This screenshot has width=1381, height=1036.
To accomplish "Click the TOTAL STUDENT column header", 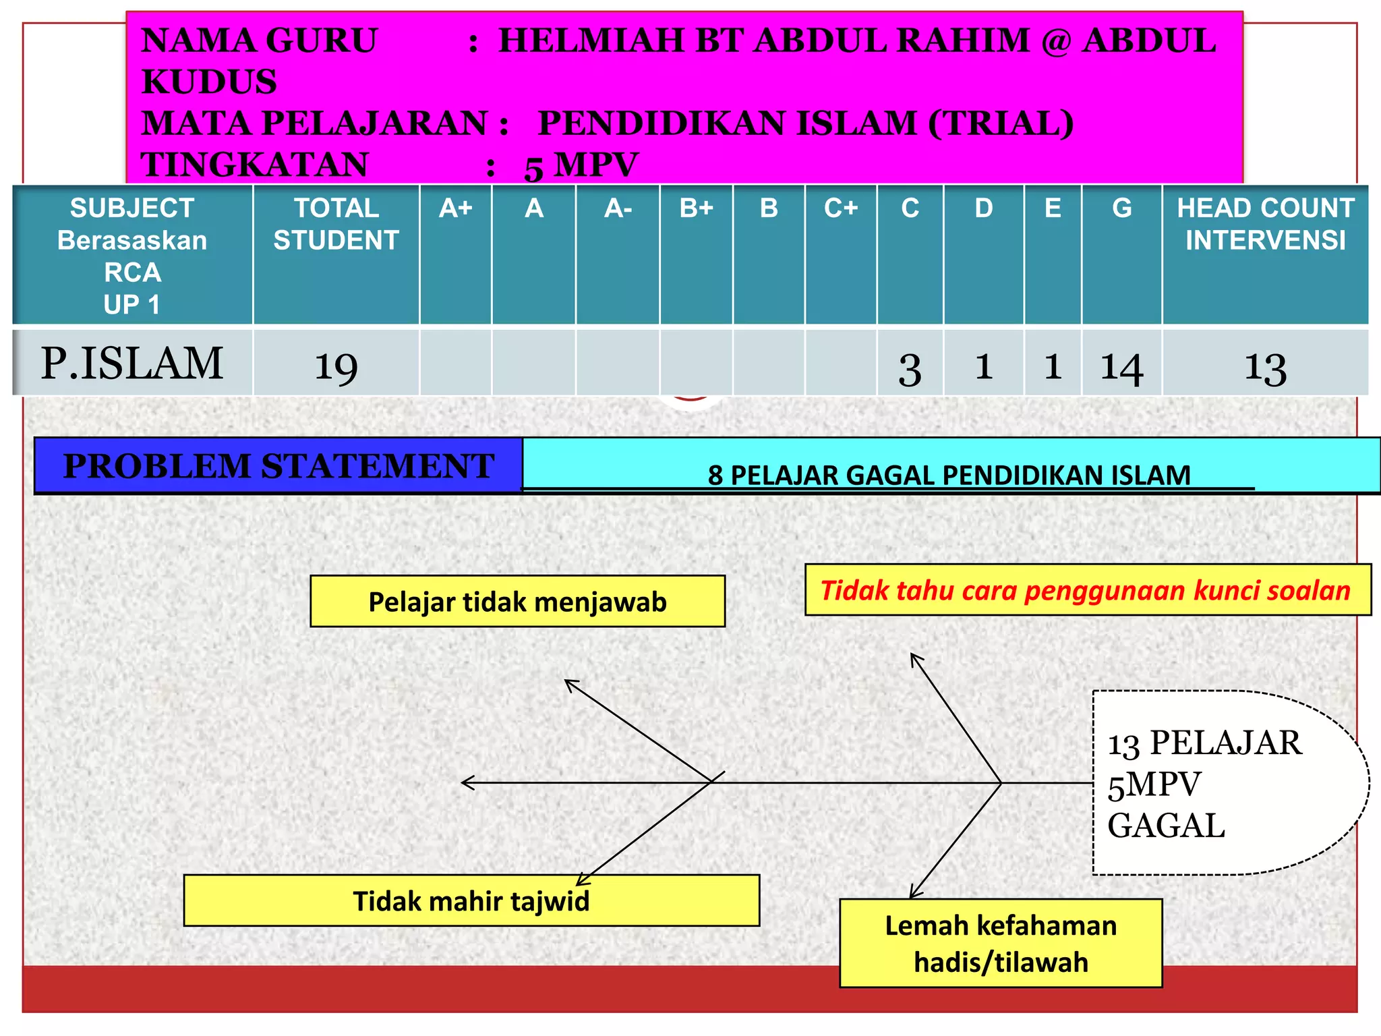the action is click(x=336, y=224).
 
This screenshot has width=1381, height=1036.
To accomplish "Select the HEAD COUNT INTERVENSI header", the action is click(x=1265, y=224).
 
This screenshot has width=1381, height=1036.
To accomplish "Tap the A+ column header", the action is click(x=455, y=208).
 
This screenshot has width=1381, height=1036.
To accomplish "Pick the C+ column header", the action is click(x=840, y=208).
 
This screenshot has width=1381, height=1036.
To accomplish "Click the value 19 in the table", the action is click(x=336, y=367).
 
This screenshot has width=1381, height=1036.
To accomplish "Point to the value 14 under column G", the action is click(x=1121, y=368).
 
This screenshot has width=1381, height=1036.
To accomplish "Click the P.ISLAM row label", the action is click(x=132, y=364).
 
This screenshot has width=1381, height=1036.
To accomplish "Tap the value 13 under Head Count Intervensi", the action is click(x=1265, y=368).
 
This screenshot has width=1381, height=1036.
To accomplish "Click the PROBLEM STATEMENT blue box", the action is click(x=278, y=466).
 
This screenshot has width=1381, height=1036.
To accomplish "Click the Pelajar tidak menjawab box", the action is click(x=517, y=602).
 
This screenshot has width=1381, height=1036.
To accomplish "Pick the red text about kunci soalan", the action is click(x=1086, y=590).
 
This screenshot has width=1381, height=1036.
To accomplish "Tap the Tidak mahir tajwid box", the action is click(x=471, y=901).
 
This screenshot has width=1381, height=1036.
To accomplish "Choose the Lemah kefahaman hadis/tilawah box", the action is click(x=1001, y=944).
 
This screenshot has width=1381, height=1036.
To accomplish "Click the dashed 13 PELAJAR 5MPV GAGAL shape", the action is click(x=1214, y=783).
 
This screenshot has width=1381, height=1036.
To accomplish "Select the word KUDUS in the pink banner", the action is click(x=209, y=82).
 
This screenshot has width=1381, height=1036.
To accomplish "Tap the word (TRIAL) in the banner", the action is click(x=1001, y=123).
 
